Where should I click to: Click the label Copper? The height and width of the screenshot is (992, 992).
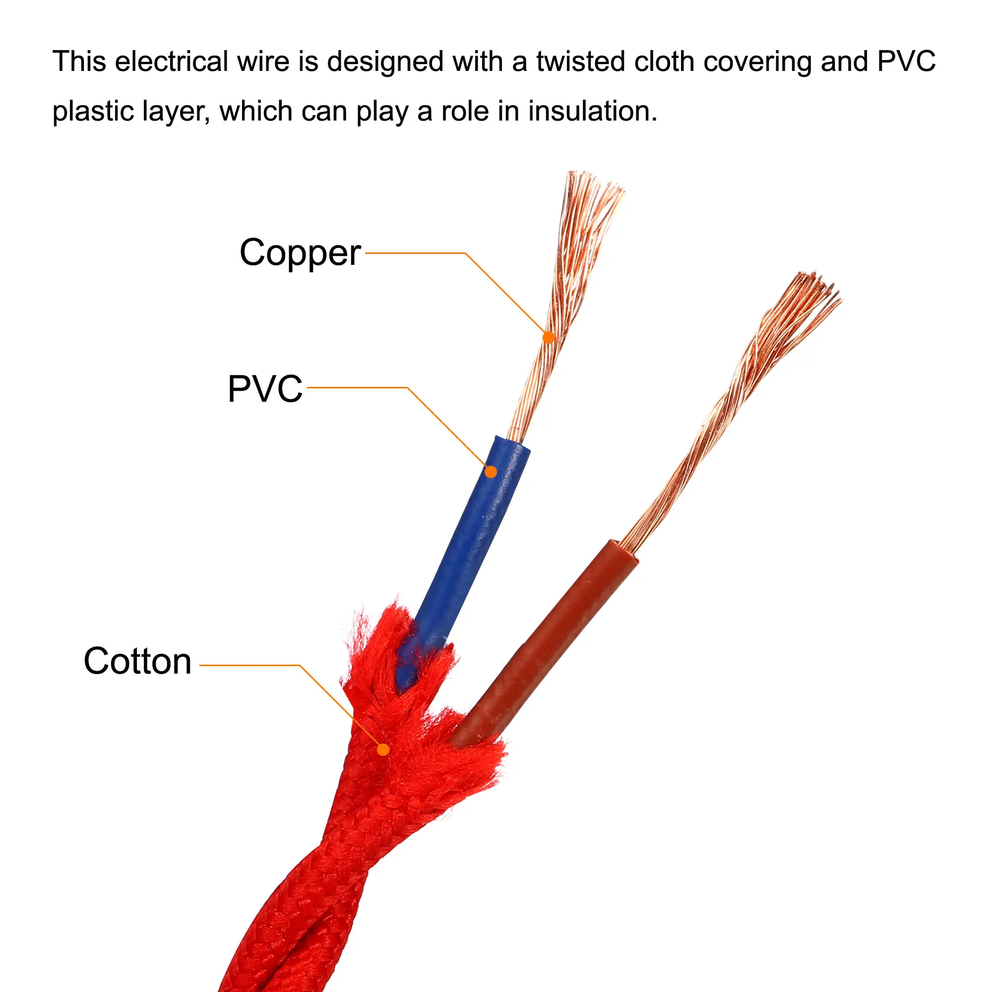click(300, 253)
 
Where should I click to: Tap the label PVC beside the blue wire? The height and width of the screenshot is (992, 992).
click(265, 389)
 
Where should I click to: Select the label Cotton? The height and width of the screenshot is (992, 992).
click(137, 661)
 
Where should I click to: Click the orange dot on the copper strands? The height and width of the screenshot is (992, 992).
click(549, 337)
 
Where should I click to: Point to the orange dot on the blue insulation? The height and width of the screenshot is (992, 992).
click(491, 472)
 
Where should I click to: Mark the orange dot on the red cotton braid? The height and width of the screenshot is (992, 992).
click(383, 749)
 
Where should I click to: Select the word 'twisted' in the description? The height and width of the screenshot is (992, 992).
click(580, 62)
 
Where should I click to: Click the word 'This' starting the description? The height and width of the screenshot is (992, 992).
click(79, 62)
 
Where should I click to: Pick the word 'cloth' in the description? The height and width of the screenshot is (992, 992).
click(665, 62)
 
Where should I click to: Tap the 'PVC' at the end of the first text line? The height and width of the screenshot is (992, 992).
click(907, 62)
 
